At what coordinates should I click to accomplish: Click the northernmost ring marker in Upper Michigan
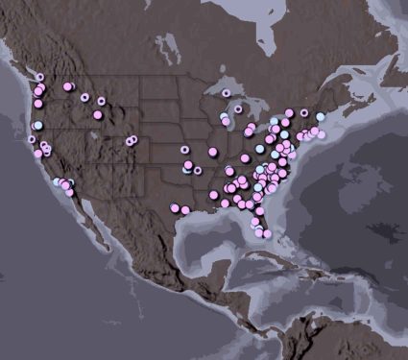(226, 93)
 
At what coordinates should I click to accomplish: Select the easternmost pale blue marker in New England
(321, 117)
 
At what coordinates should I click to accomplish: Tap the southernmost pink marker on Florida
(266, 233)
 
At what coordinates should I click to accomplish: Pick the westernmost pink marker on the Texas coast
(175, 207)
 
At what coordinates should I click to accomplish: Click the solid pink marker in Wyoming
(97, 115)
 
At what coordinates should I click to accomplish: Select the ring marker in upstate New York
(304, 112)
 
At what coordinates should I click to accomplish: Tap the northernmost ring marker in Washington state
(40, 77)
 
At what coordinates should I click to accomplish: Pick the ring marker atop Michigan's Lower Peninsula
(238, 108)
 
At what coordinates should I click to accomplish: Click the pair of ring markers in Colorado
(131, 140)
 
